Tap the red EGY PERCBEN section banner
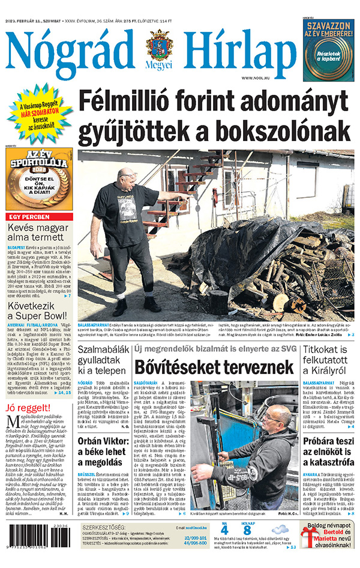[39, 217]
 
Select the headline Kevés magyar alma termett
[39, 234]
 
